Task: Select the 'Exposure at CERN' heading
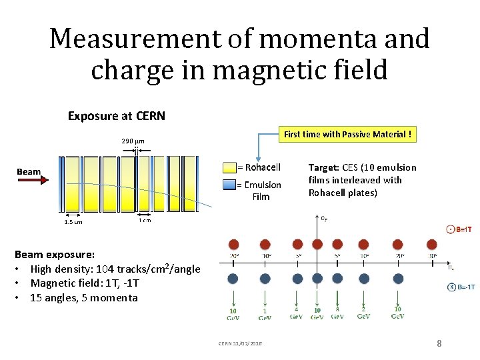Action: [117, 115]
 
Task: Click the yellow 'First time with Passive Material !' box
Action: [347, 134]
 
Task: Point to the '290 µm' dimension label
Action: [133, 141]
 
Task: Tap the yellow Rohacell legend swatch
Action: [229, 167]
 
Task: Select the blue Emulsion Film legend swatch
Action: [229, 185]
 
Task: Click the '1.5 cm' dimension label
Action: [73, 222]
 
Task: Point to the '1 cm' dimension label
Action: [144, 221]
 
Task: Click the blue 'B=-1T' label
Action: [462, 287]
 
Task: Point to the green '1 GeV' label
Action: [265, 313]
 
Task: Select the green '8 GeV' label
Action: [337, 313]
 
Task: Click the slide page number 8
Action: [439, 343]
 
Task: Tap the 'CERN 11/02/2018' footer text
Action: [239, 343]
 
